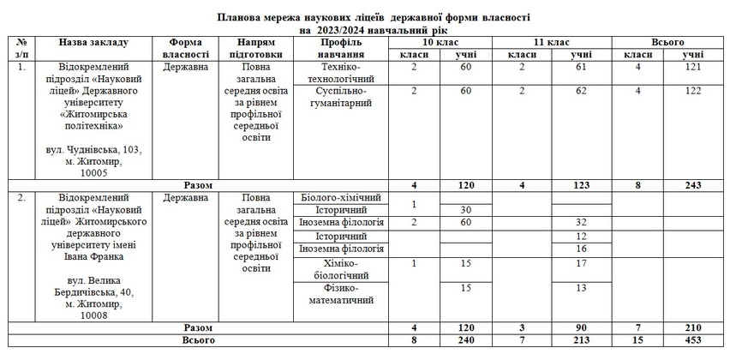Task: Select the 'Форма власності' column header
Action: pyautogui.click(x=184, y=47)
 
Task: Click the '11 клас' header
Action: pyautogui.click(x=552, y=41)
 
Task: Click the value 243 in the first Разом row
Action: pyautogui.click(x=694, y=184)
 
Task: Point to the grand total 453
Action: pyautogui.click(x=694, y=340)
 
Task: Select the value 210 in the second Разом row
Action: pyautogui.click(x=694, y=327)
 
